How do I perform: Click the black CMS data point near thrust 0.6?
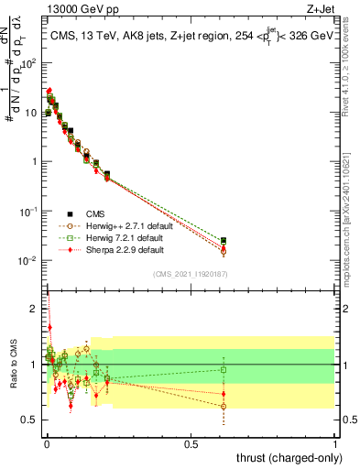[224, 240]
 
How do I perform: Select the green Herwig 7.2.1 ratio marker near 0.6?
[224, 370]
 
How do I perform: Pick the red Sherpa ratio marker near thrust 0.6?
[224, 394]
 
